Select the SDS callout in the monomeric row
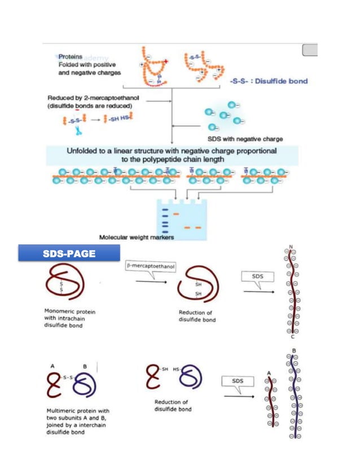(x=257, y=277)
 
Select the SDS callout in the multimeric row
(x=238, y=381)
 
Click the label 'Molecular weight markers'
(x=137, y=238)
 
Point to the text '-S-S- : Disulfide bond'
(x=269, y=81)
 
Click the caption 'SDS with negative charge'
(x=245, y=139)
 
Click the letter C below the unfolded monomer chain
(x=293, y=337)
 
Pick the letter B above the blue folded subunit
(x=84, y=366)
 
